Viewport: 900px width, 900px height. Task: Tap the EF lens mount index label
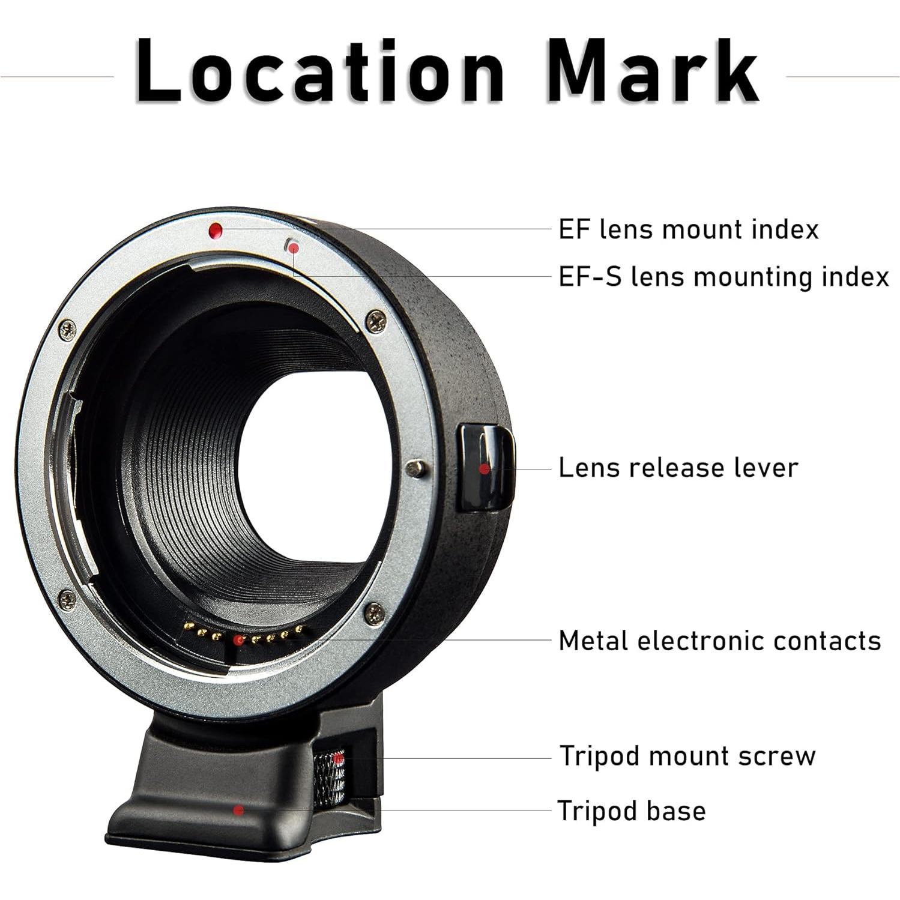pyautogui.click(x=688, y=230)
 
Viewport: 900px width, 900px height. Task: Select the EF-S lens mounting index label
pyautogui.click(x=723, y=277)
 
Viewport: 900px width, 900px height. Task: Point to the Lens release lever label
pyautogui.click(x=678, y=468)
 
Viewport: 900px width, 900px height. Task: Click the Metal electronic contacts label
pyautogui.click(x=719, y=641)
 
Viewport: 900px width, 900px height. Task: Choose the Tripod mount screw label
pyautogui.click(x=687, y=756)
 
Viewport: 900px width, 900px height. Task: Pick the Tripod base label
pyautogui.click(x=631, y=811)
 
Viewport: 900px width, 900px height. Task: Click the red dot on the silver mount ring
pyautogui.click(x=216, y=230)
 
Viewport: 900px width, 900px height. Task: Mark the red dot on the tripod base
pyautogui.click(x=238, y=811)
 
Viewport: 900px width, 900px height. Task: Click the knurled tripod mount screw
pyautogui.click(x=329, y=778)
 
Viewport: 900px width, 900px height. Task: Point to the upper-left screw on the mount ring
pyautogui.click(x=67, y=328)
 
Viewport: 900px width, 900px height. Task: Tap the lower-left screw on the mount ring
pyautogui.click(x=67, y=598)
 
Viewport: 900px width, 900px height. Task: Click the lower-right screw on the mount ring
pyautogui.click(x=374, y=612)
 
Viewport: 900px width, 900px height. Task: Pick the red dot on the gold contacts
pyautogui.click(x=239, y=640)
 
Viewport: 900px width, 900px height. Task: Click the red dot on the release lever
pyautogui.click(x=485, y=469)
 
